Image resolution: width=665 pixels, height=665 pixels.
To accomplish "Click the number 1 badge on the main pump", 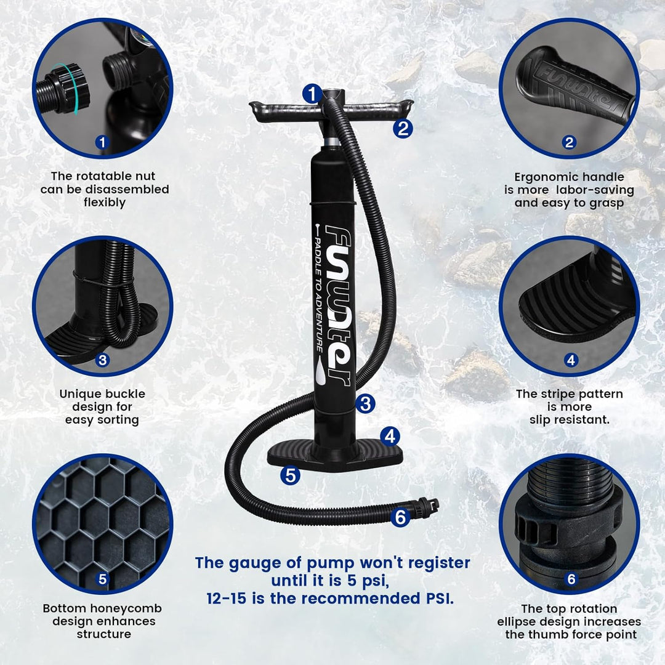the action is tap(313, 94).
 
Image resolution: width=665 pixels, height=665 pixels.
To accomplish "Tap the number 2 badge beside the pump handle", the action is tap(403, 128).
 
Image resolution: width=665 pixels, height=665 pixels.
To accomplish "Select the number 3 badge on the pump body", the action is tap(365, 404).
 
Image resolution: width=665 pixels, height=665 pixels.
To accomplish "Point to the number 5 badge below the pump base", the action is tap(290, 475).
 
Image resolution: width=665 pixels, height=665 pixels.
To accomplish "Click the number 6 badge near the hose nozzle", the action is tap(400, 517).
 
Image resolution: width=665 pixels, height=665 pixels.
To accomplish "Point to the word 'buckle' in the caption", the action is tap(123, 394).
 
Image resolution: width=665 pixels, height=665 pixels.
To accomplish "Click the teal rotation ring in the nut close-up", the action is tap(68, 89).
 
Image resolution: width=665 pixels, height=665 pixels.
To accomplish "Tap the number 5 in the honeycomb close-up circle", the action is tap(102, 578).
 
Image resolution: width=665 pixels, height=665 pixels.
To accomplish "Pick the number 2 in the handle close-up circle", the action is tap(569, 142).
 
